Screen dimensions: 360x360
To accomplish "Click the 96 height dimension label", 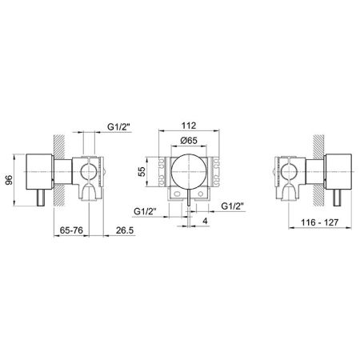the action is click(9, 180).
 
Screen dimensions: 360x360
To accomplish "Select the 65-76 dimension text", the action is click(71, 230).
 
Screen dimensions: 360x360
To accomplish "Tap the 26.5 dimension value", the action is click(125, 230).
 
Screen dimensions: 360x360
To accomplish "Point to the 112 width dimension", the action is click(189, 126).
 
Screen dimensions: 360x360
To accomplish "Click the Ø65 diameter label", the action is click(189, 140).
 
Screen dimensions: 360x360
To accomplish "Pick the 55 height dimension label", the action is click(142, 171).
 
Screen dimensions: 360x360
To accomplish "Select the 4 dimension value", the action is click(205, 221).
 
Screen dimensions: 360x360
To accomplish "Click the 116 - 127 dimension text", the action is click(319, 222).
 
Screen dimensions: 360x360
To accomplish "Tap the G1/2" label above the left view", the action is click(120, 127).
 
